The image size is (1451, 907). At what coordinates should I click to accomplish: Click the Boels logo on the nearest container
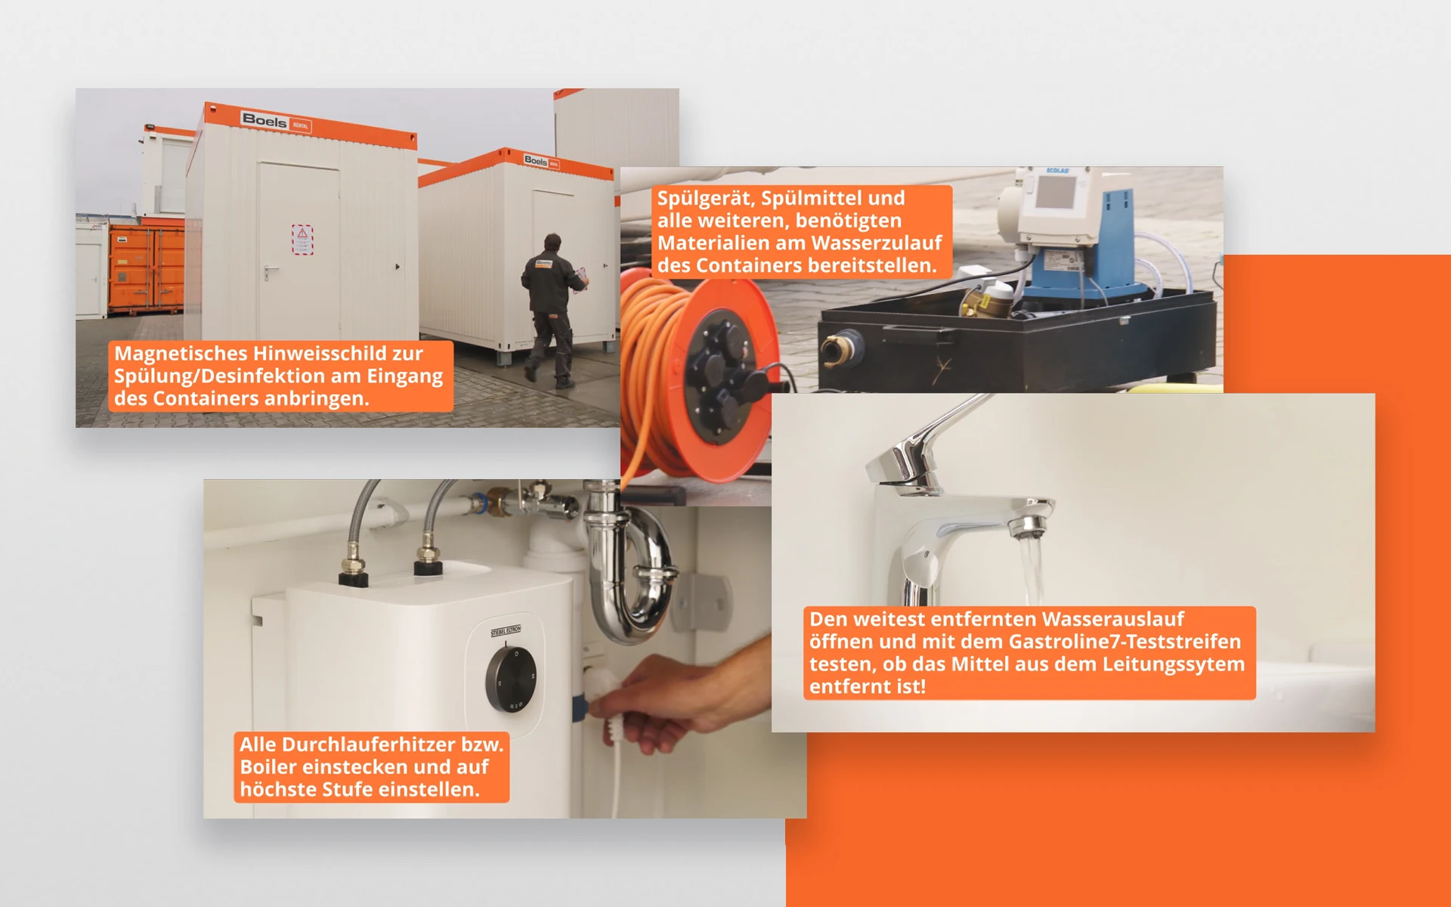[x=265, y=120]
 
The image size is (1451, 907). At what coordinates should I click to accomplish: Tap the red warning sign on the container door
[x=302, y=239]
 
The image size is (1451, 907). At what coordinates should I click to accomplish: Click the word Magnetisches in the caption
[x=181, y=354]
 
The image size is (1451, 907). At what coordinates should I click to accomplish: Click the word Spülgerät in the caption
[x=704, y=199]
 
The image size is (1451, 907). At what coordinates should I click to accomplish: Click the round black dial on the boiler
[x=512, y=678]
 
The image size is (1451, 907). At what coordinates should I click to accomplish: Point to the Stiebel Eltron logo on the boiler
[x=506, y=631]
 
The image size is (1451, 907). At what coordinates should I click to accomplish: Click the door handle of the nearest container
[x=268, y=271]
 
